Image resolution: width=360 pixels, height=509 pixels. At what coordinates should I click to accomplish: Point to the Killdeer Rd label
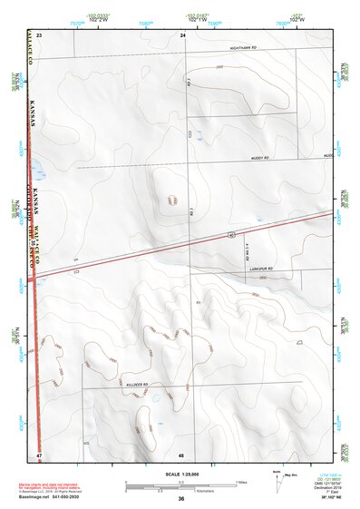138,385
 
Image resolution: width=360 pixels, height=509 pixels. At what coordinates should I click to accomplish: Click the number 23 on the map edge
39,34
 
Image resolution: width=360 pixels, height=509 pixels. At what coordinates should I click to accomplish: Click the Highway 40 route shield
233,233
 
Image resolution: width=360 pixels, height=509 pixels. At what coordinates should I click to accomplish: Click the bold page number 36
181,499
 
